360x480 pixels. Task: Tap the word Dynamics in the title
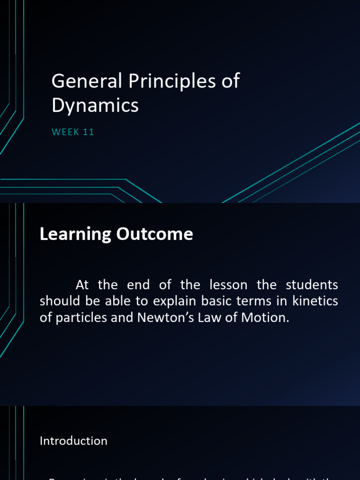click(x=95, y=105)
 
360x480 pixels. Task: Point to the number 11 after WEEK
click(x=89, y=132)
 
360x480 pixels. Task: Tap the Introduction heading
click(x=74, y=441)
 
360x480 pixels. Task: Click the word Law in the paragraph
click(x=203, y=317)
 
